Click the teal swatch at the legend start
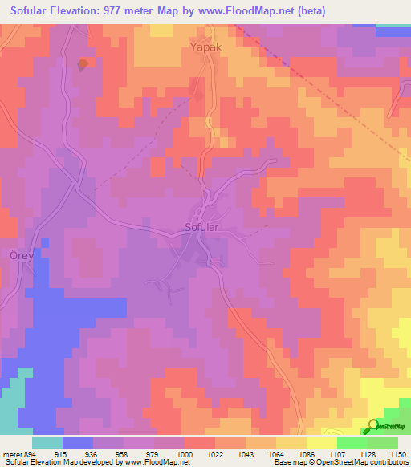(x=47, y=442)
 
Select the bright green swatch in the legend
(x=352, y=442)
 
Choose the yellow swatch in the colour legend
(x=321, y=442)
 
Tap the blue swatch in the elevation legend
(x=78, y=442)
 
